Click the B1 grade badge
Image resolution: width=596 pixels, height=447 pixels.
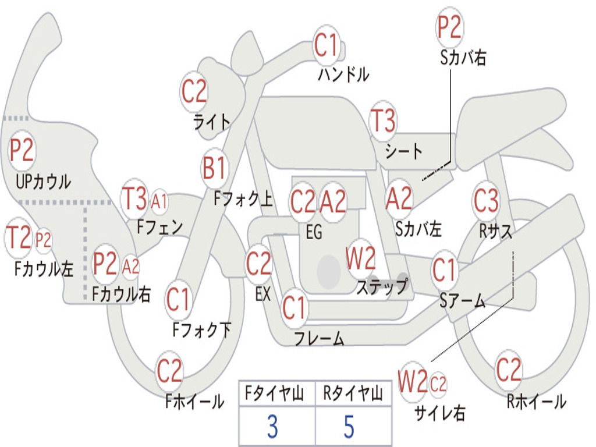click(215, 169)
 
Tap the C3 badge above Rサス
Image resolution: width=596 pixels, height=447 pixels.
click(486, 201)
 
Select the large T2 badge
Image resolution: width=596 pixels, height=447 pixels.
click(18, 238)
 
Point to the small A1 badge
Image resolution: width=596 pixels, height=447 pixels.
click(159, 202)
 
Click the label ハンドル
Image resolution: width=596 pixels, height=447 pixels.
click(343, 74)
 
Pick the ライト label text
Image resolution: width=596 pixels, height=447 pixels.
click(212, 122)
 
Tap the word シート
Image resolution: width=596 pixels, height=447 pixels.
click(404, 151)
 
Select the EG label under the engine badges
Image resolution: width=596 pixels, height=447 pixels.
click(314, 232)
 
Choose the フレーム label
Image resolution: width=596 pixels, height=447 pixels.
click(319, 338)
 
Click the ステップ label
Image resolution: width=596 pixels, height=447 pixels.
click(382, 287)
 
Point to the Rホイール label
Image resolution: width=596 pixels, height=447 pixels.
click(536, 401)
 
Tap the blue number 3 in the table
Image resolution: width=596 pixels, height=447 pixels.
click(272, 427)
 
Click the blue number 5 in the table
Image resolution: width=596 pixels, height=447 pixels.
click(349, 427)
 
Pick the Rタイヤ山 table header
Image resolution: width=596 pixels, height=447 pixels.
click(353, 395)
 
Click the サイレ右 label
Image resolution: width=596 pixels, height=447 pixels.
click(440, 413)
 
